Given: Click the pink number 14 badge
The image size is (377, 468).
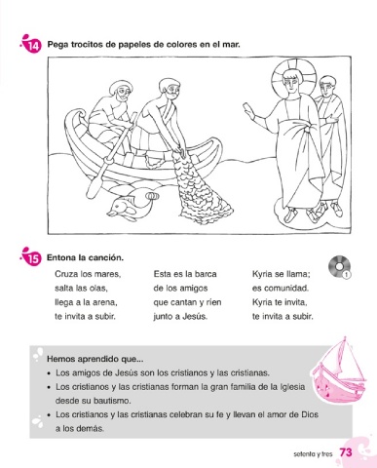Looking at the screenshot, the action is (x=33, y=46).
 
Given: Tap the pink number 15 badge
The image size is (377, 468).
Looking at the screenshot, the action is (x=33, y=258).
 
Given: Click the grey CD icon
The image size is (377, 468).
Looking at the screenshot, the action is (x=339, y=267).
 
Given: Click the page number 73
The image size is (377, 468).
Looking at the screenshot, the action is (x=346, y=452).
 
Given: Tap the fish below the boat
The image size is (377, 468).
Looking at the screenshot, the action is (x=132, y=206).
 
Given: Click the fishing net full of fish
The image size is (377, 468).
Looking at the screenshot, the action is (x=201, y=187).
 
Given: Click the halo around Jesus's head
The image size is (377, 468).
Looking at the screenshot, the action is (x=294, y=76).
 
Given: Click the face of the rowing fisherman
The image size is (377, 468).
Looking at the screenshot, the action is (x=122, y=95).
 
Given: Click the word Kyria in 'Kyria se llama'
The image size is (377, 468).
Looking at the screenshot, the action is (x=262, y=275).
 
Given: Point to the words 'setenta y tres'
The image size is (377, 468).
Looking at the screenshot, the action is (x=313, y=454).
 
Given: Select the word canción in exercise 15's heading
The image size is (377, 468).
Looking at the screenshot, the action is (x=108, y=258).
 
